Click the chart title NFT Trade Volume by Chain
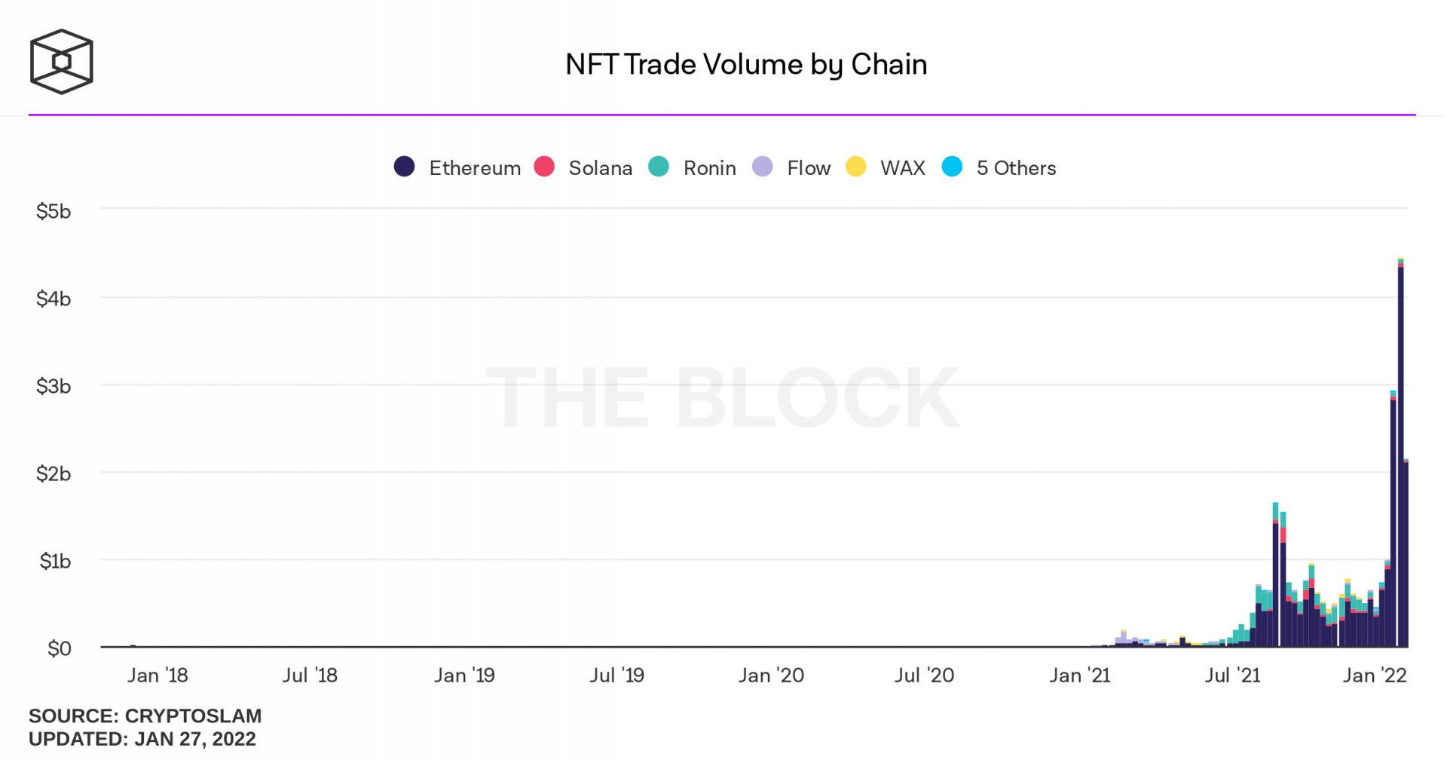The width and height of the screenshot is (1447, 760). coord(745,65)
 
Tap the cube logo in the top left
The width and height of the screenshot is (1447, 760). coord(61,62)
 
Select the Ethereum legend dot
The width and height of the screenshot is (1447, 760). coord(405,167)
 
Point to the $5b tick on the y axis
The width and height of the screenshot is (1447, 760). coord(54,212)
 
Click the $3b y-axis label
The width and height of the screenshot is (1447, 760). coord(54,387)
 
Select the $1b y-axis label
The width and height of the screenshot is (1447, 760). coord(55,562)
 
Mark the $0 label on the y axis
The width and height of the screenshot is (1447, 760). coord(59,649)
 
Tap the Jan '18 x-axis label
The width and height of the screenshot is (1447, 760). coord(158,676)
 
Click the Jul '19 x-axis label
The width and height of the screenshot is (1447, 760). coord(616,676)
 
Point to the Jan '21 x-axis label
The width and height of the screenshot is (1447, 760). coord(1079,676)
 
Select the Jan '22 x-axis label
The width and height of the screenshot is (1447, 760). coord(1375,676)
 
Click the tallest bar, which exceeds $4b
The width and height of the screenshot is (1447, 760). coord(1400,452)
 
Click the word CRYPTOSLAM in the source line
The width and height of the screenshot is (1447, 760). coord(193,716)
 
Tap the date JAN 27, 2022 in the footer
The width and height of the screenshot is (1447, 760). coord(195,740)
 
